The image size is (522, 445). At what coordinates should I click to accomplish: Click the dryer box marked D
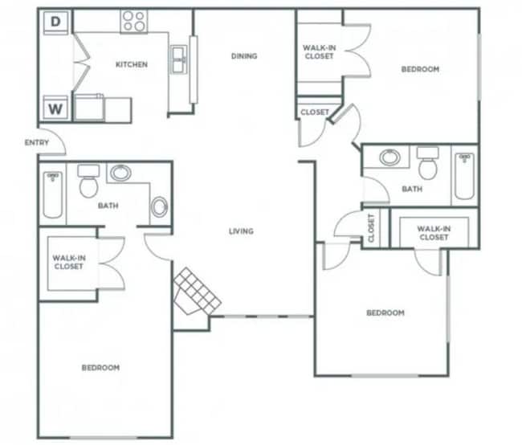point(56,22)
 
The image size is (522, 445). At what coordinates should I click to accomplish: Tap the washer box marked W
point(55,108)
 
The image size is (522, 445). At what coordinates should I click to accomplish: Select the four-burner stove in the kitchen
point(133,21)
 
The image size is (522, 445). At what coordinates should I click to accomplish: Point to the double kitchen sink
point(178,58)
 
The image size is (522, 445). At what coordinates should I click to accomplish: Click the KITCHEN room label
point(132,65)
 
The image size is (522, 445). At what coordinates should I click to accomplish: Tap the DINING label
point(243,56)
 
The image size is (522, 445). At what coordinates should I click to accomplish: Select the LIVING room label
point(241,231)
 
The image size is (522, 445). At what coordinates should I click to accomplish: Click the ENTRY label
point(37,143)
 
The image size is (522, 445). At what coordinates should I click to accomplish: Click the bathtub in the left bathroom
point(53,194)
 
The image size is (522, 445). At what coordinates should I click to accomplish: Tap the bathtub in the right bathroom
point(464,177)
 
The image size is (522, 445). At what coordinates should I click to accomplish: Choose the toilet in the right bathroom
point(428,165)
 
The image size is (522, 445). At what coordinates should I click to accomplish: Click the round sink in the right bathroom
point(390,157)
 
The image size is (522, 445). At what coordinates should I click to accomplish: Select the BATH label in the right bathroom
point(412,190)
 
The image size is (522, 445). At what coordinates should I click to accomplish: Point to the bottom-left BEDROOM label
point(100,368)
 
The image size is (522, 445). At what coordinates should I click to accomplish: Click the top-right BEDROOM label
point(420,69)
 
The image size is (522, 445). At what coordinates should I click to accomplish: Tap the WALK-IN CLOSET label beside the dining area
point(319,52)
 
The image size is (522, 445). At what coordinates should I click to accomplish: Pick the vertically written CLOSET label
point(371,228)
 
